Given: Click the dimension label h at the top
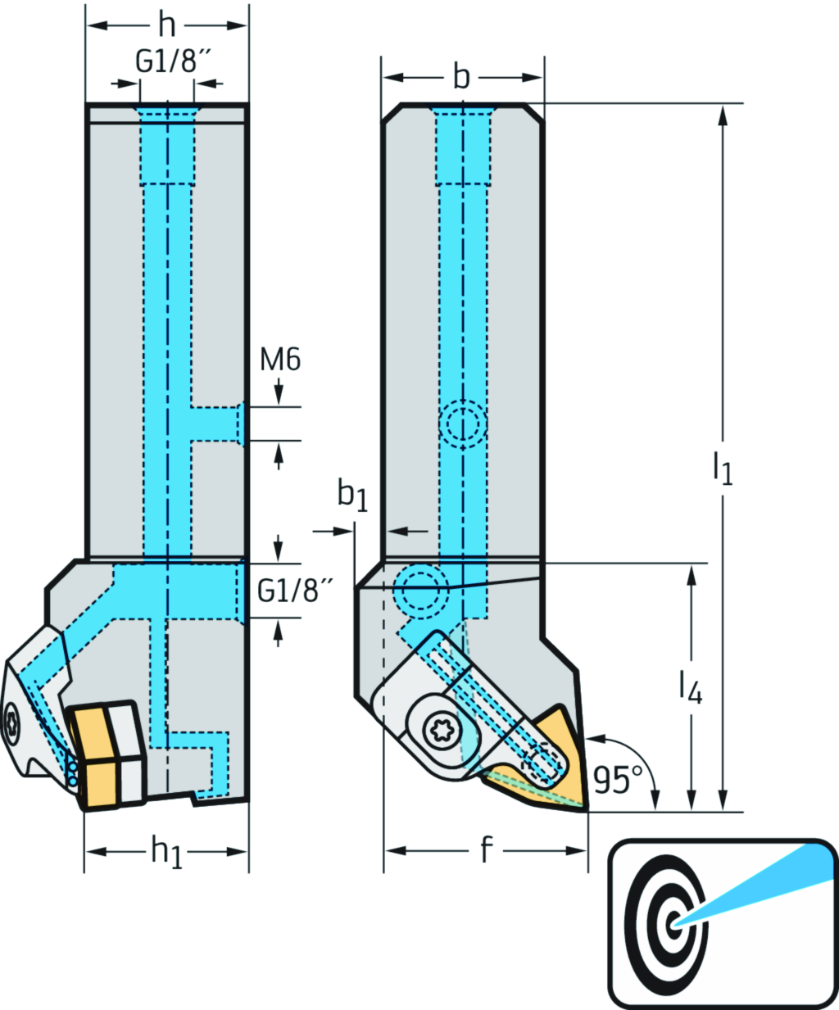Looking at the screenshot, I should pyautogui.click(x=166, y=25).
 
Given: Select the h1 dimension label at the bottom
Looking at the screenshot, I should pyautogui.click(x=166, y=852).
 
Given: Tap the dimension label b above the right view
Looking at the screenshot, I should pyautogui.click(x=461, y=77).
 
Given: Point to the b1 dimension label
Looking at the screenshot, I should pyautogui.click(x=352, y=496).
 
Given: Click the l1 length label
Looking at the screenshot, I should pyautogui.click(x=722, y=469).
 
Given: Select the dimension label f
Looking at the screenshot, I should pyautogui.click(x=485, y=851).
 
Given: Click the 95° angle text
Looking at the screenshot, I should pyautogui.click(x=613, y=780).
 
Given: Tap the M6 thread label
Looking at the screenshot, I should pyautogui.click(x=280, y=359).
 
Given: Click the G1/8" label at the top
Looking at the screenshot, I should pyautogui.click(x=168, y=61).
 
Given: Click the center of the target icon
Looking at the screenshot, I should pyautogui.click(x=673, y=923).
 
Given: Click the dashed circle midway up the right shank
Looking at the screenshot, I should pyautogui.click(x=463, y=424).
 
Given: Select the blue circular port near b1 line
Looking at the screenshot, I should pyautogui.click(x=420, y=588).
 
